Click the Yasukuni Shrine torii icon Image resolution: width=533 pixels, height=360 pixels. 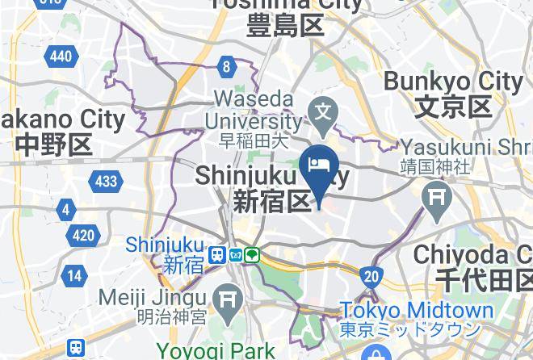pos(437,197)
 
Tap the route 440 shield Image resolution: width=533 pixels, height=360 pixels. pos(61,56)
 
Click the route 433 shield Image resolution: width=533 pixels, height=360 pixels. pos(106,181)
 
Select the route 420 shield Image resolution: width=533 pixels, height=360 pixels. pos(82,237)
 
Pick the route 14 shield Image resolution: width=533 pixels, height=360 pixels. pos(74,275)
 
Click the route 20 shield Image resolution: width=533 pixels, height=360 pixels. pos(371,277)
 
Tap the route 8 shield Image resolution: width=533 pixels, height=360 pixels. pos(228,67)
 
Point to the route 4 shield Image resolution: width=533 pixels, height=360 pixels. pos(65,211)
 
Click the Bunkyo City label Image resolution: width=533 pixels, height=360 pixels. pos(453,82)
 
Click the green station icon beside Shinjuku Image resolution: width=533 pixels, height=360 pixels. pos(253,255)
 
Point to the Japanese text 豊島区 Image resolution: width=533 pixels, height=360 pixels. pos(287,26)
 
